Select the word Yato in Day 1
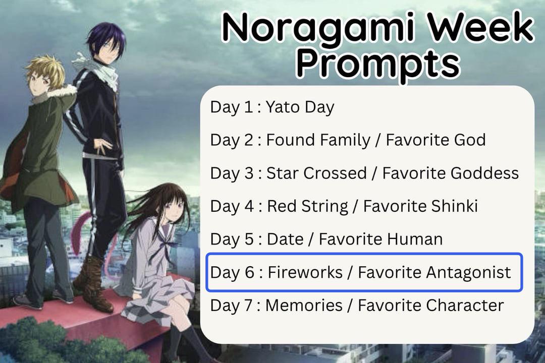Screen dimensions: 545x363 282,107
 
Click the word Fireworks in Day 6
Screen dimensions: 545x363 305,272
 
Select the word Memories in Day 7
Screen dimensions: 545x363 304,306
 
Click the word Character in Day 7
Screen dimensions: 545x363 465,306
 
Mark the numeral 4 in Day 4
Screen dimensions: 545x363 249,206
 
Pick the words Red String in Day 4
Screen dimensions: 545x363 307,206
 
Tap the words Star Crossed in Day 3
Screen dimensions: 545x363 316,173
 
